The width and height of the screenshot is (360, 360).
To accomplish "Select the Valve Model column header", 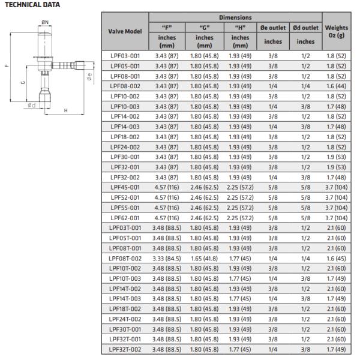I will pos(125,31).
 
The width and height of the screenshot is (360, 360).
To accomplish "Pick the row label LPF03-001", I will pos(125,56).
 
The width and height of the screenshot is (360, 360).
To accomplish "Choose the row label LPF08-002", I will pos(125,86).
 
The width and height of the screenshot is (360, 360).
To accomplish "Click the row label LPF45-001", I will pos(125,187).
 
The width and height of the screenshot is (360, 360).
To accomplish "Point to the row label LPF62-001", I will pos(125,217).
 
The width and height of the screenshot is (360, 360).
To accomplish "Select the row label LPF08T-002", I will pos(125,257).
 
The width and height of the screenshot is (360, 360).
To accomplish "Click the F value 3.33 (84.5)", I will pos(167,257).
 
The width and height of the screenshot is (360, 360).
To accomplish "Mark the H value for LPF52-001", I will pos(239,197).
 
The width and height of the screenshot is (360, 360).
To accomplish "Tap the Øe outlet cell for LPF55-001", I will pos(273,207).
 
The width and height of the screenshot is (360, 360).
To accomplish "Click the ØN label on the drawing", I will pos(44,22).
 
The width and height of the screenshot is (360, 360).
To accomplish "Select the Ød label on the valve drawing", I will pos(30,106).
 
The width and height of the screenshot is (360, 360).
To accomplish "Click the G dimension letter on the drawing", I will pos(22,82).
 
